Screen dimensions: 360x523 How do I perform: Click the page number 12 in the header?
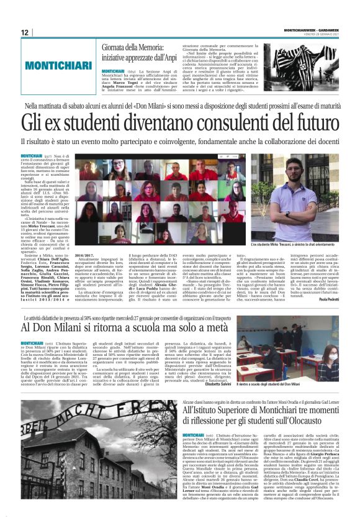click(x=24, y=32)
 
